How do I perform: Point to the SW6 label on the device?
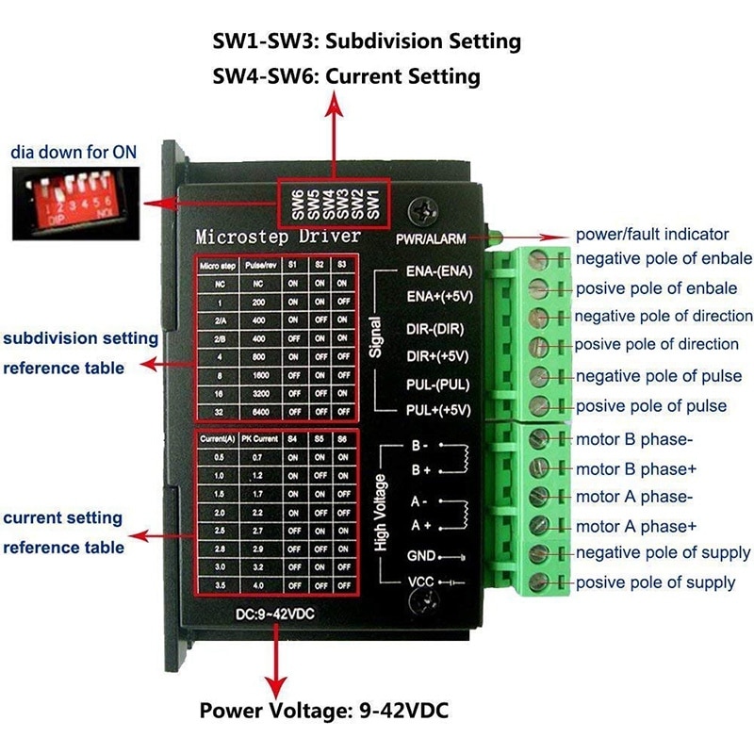[297, 205]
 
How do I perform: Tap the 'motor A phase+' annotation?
[636, 526]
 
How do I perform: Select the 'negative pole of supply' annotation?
[664, 552]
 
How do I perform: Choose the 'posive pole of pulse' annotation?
[650, 405]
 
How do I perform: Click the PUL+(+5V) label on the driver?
[438, 411]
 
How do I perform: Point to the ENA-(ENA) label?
[438, 271]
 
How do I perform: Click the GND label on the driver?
[420, 556]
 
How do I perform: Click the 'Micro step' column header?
[216, 266]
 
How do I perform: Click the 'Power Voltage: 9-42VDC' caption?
[323, 710]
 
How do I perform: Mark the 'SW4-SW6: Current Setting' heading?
[347, 75]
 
